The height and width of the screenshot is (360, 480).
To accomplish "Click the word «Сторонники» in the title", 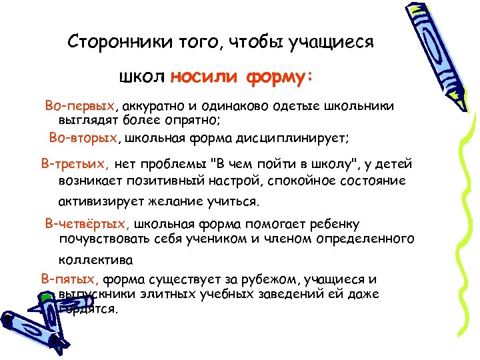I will (110, 43).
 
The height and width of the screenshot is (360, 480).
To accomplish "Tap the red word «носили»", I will (204, 77).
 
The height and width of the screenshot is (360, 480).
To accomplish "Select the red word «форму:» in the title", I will (279, 77).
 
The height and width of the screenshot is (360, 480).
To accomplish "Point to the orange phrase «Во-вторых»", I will (83, 138).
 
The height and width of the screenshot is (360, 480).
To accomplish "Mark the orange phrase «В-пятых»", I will (71, 279).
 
